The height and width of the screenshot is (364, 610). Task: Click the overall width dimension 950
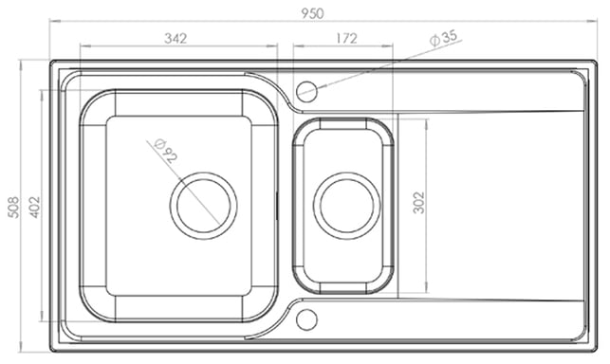[x=312, y=13]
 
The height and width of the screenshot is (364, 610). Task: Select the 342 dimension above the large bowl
[x=176, y=38]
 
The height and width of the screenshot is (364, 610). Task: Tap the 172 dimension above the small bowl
[x=346, y=38]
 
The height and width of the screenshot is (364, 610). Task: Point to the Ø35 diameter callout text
[x=444, y=38]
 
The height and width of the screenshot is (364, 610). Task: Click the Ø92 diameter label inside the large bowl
[x=165, y=150]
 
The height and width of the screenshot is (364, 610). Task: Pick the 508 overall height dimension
[x=13, y=207]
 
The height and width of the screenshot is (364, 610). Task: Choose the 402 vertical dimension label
[x=34, y=207]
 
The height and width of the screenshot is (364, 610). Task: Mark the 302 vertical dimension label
[x=418, y=203]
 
